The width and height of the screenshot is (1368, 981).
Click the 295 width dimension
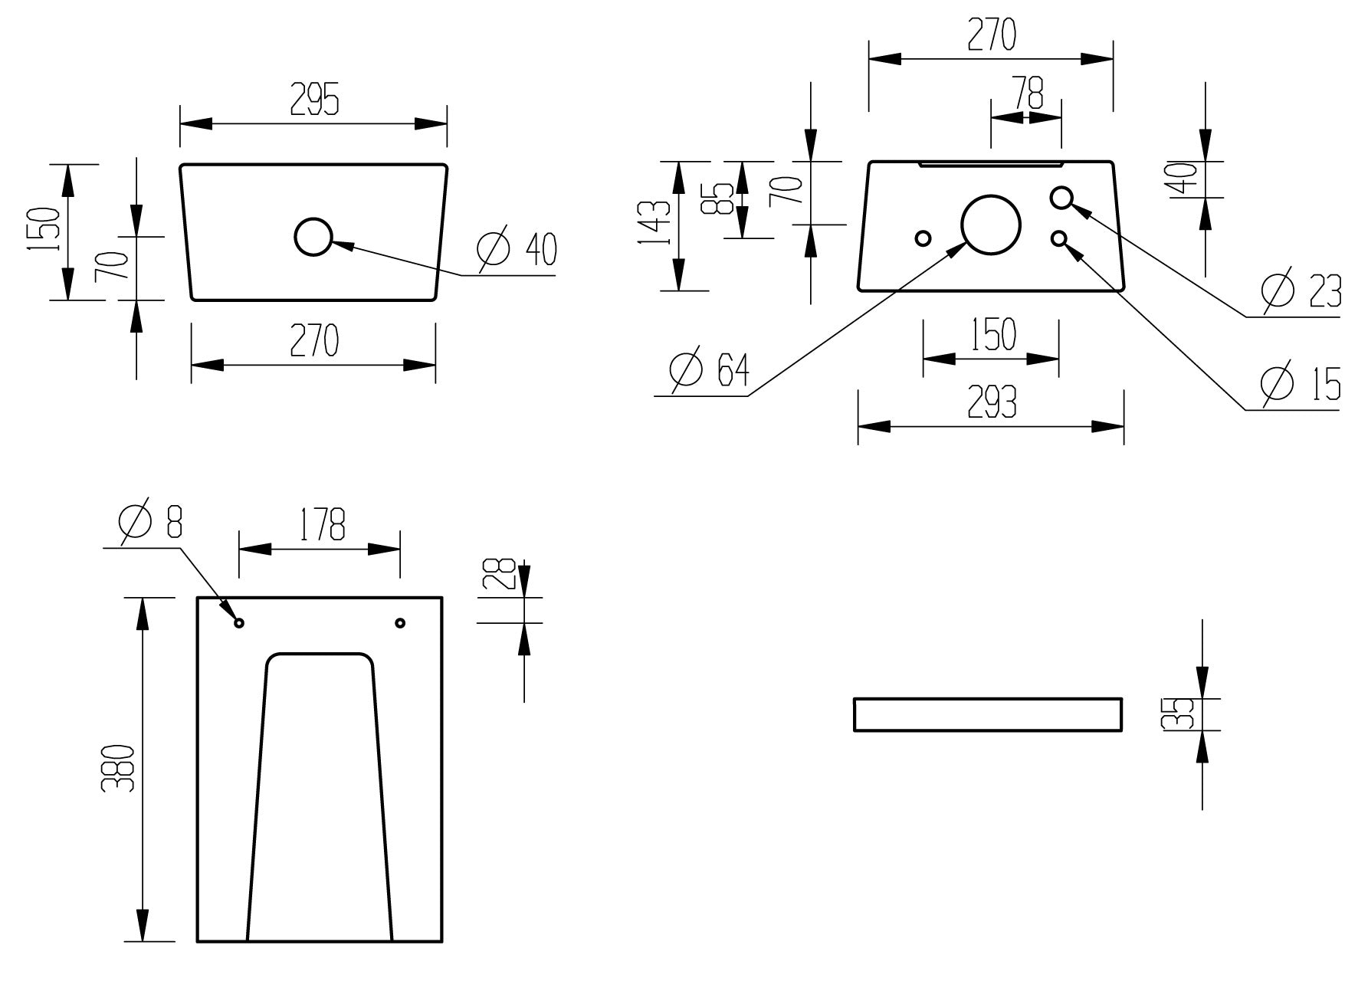click(x=314, y=100)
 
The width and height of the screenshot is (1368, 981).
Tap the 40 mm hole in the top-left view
click(x=313, y=237)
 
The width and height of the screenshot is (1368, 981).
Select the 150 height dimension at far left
click(x=44, y=231)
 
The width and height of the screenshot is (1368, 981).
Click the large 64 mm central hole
click(x=991, y=224)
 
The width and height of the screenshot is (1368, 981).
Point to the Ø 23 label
click(x=1301, y=291)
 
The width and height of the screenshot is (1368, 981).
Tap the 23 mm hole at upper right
click(x=1061, y=198)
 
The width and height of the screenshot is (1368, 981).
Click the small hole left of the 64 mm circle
click(x=923, y=238)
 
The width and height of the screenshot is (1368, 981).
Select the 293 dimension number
click(x=992, y=402)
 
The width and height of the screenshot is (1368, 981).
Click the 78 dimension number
click(x=1028, y=93)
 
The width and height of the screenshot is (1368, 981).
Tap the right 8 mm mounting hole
click(x=399, y=623)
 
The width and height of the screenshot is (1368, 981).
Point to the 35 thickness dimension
click(x=1181, y=714)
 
